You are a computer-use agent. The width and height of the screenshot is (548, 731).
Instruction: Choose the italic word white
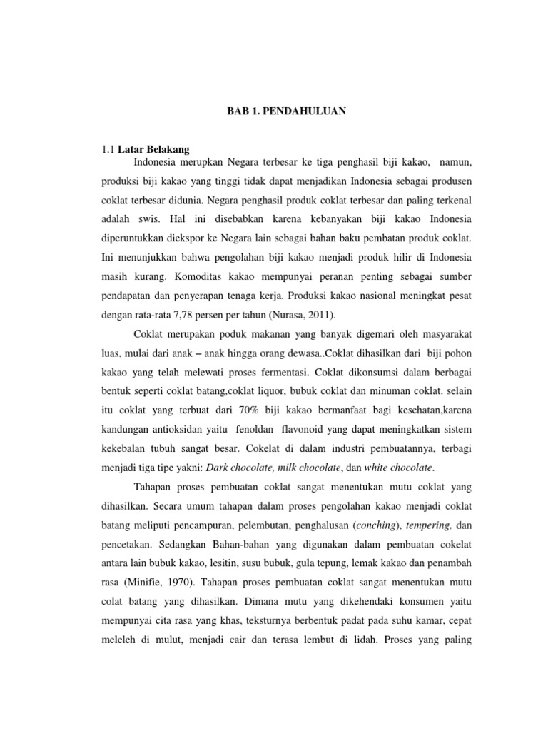tap(377, 468)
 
